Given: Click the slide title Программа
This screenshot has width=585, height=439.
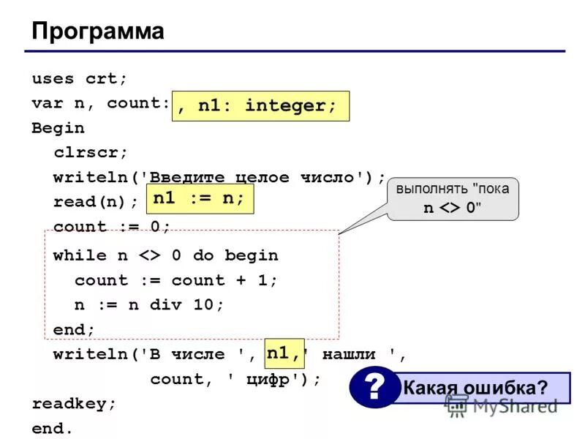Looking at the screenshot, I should point(97,31).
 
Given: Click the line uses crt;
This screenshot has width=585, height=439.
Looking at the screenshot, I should point(79,78).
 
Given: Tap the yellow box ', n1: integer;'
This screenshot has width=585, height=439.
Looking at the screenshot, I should point(261,106).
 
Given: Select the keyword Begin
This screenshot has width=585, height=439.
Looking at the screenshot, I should point(58,128).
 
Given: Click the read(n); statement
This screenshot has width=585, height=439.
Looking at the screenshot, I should point(95,202).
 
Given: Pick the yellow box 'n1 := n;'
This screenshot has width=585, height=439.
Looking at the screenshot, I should point(200,199).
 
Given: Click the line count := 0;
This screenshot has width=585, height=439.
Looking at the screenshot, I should point(111,227).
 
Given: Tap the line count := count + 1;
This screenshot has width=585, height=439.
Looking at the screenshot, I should point(176,280).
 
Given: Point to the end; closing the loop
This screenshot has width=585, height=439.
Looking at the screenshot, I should point(74,330).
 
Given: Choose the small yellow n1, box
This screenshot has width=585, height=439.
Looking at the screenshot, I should point(284,354).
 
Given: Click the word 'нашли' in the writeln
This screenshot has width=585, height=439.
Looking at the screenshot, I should point(349,355).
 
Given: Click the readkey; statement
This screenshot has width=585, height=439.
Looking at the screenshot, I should point(74,404).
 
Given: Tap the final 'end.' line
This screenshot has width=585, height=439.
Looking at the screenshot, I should point(52,429).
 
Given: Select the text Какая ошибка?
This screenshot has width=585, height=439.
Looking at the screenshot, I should point(475,388).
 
